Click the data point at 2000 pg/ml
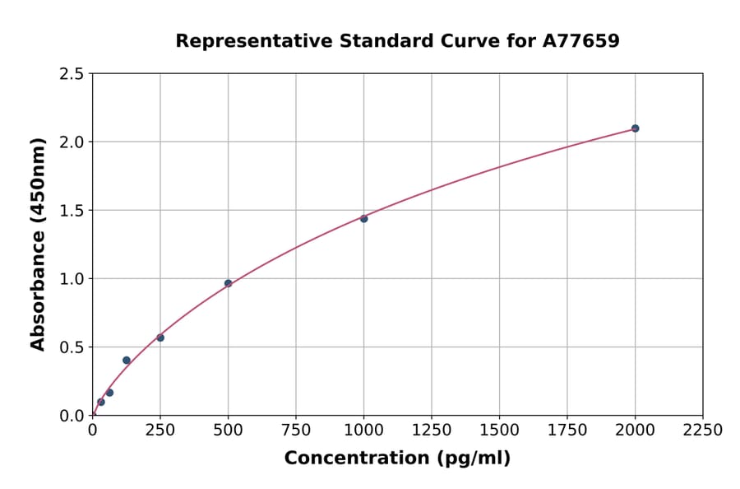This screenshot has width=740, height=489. [635, 128]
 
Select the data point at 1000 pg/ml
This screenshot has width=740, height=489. [363, 219]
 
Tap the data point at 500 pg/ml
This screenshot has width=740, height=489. [228, 283]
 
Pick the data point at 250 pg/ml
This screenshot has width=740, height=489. [160, 338]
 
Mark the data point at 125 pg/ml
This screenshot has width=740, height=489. [127, 360]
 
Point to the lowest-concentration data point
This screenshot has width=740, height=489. [101, 403]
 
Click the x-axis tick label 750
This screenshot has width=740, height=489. [296, 431]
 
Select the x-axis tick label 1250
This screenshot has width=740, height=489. [432, 431]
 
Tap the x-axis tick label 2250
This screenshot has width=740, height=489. [703, 431]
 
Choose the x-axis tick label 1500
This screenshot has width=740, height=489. [499, 431]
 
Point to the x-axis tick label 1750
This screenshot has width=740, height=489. [567, 431]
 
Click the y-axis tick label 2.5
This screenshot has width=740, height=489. [72, 74]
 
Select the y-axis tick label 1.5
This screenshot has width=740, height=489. [72, 211]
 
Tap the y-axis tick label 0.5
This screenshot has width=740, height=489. [72, 347]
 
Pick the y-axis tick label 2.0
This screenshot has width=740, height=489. [72, 142]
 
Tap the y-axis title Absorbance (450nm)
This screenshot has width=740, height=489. [38, 244]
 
